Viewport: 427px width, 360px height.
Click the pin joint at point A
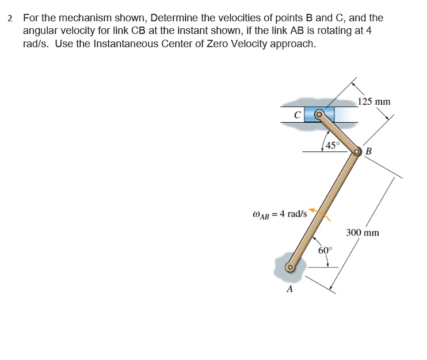[291, 267]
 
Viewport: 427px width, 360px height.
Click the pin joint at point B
[357, 151]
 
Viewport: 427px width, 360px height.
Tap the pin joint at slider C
[318, 114]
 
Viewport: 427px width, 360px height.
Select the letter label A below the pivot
[289, 289]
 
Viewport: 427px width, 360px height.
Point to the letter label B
[369, 151]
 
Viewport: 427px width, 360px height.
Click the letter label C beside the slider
[296, 115]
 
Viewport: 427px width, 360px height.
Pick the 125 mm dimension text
[374, 101]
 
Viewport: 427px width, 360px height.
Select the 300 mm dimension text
[363, 233]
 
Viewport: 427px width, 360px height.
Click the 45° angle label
[333, 145]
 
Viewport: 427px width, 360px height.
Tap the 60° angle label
[325, 250]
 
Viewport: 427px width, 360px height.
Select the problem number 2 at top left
[10, 18]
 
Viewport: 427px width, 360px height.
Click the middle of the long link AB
[324, 209]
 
